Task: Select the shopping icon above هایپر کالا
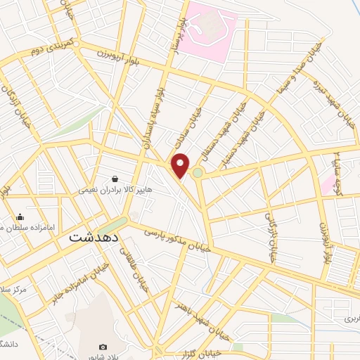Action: click(x=114, y=178)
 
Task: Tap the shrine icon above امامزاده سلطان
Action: click(x=20, y=217)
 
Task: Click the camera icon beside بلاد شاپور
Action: click(x=103, y=347)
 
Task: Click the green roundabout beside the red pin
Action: click(x=198, y=173)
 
